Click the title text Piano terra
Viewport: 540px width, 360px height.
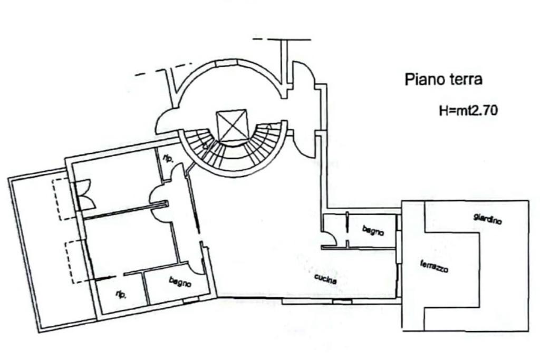click(443, 80)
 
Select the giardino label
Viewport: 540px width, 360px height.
click(487, 218)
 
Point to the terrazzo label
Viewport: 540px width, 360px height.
click(434, 267)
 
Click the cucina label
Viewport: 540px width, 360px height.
click(325, 279)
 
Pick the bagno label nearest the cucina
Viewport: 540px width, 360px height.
click(373, 230)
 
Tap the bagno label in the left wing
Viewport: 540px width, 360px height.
click(180, 282)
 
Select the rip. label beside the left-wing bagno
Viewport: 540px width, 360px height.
click(121, 295)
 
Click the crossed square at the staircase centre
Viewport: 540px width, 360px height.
click(232, 125)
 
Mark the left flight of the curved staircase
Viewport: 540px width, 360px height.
click(202, 148)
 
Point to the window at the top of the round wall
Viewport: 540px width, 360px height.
click(224, 63)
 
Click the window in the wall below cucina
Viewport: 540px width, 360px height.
click(342, 301)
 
